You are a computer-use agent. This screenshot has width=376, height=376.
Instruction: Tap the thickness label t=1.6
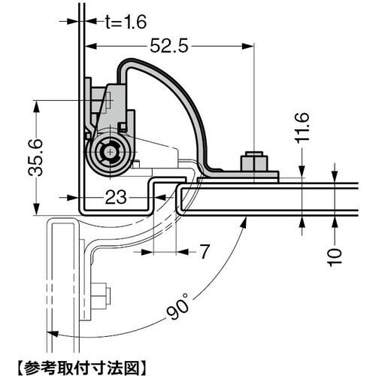pyautogui.click(x=115, y=22)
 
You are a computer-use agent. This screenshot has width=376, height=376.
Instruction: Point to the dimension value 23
pyautogui.click(x=114, y=199)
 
